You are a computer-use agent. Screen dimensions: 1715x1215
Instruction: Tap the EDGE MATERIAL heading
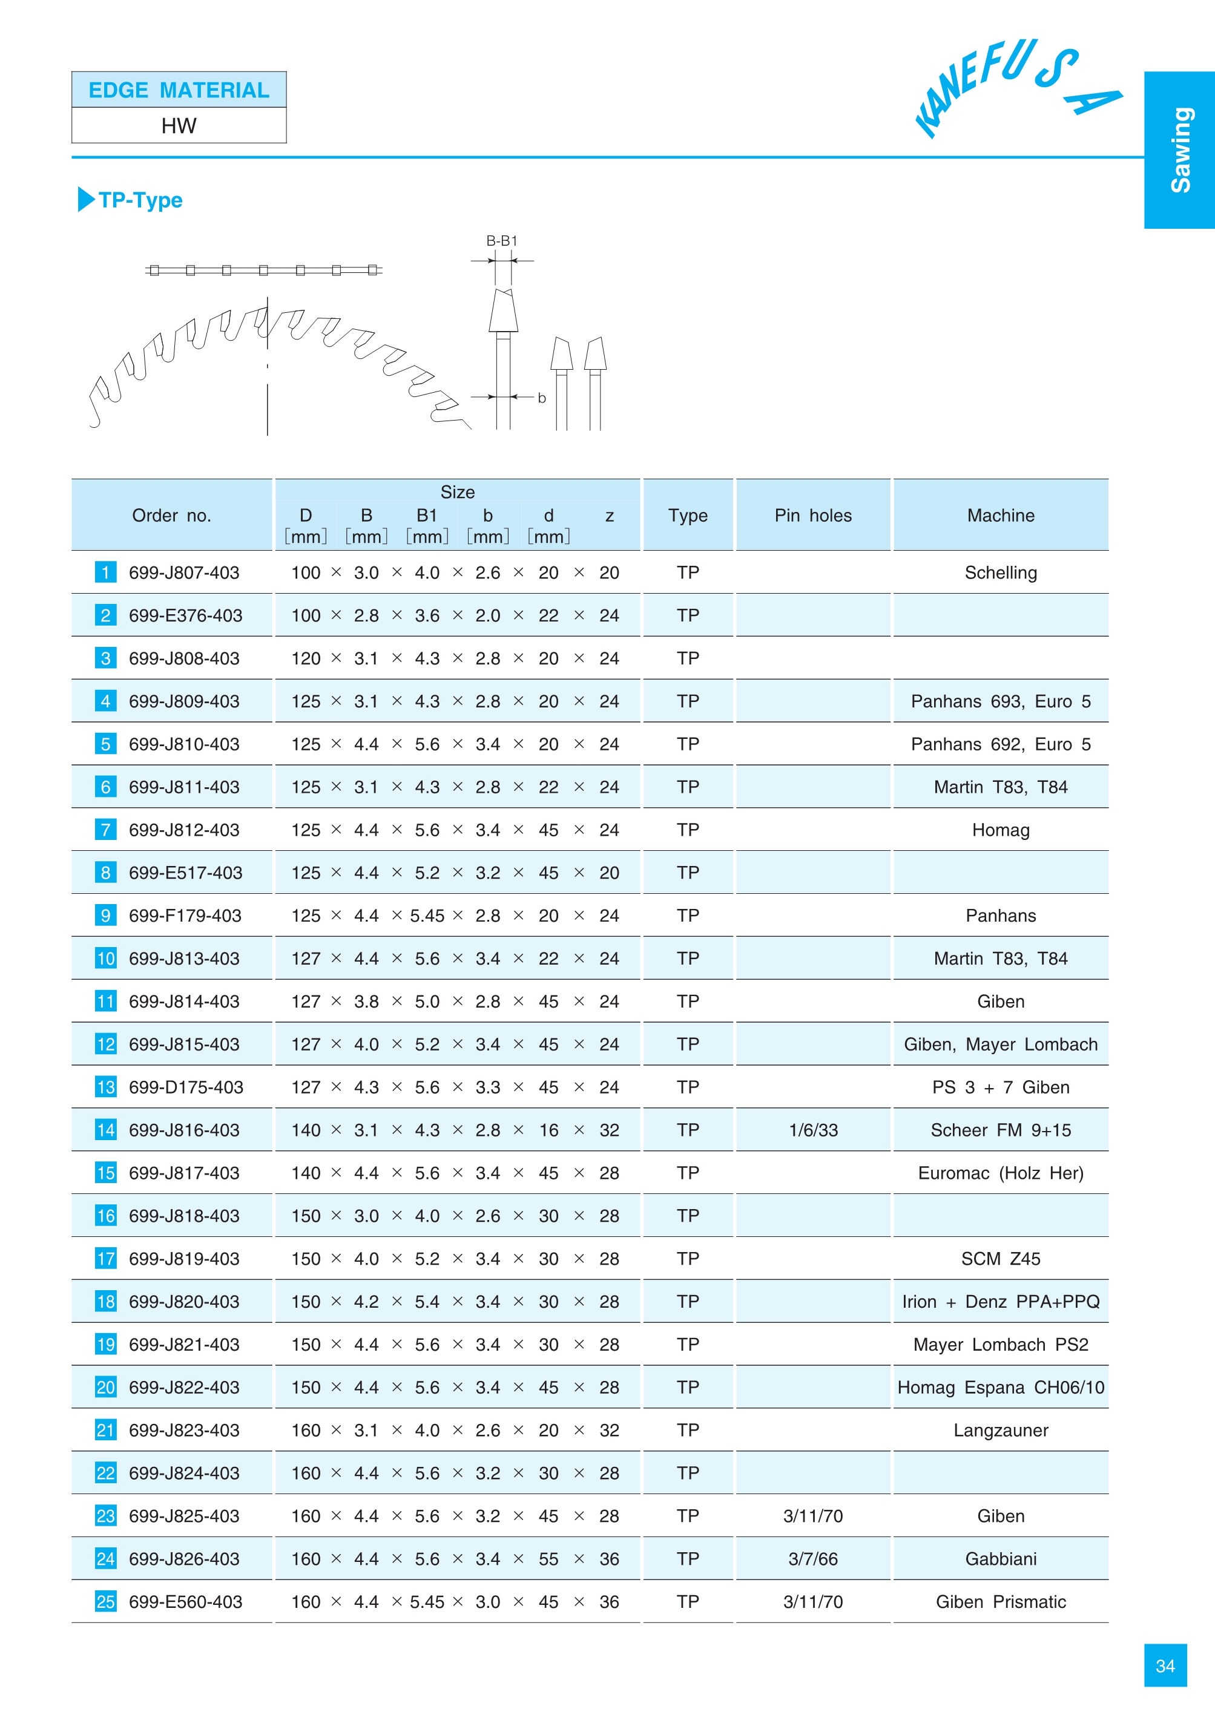pos(179,91)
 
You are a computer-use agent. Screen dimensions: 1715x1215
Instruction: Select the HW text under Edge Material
pos(179,126)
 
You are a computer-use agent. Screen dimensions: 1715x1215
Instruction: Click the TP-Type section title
pos(140,200)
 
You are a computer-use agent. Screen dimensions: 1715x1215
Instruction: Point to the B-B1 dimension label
pos(502,241)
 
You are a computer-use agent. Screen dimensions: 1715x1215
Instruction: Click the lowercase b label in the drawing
pos(542,398)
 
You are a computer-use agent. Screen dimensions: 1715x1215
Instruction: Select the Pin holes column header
pos(813,516)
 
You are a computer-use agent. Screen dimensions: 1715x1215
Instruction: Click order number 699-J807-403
pos(184,573)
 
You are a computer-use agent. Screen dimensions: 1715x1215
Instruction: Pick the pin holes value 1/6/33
pos(813,1130)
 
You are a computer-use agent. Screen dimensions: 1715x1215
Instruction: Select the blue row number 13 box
pos(105,1087)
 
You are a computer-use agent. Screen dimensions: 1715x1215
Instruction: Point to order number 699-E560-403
pos(185,1601)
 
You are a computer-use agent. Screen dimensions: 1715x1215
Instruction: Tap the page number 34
pos(1165,1665)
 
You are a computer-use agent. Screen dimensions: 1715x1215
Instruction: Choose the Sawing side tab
pos(1180,149)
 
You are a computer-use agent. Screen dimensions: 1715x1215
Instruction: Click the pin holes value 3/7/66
pos(813,1559)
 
